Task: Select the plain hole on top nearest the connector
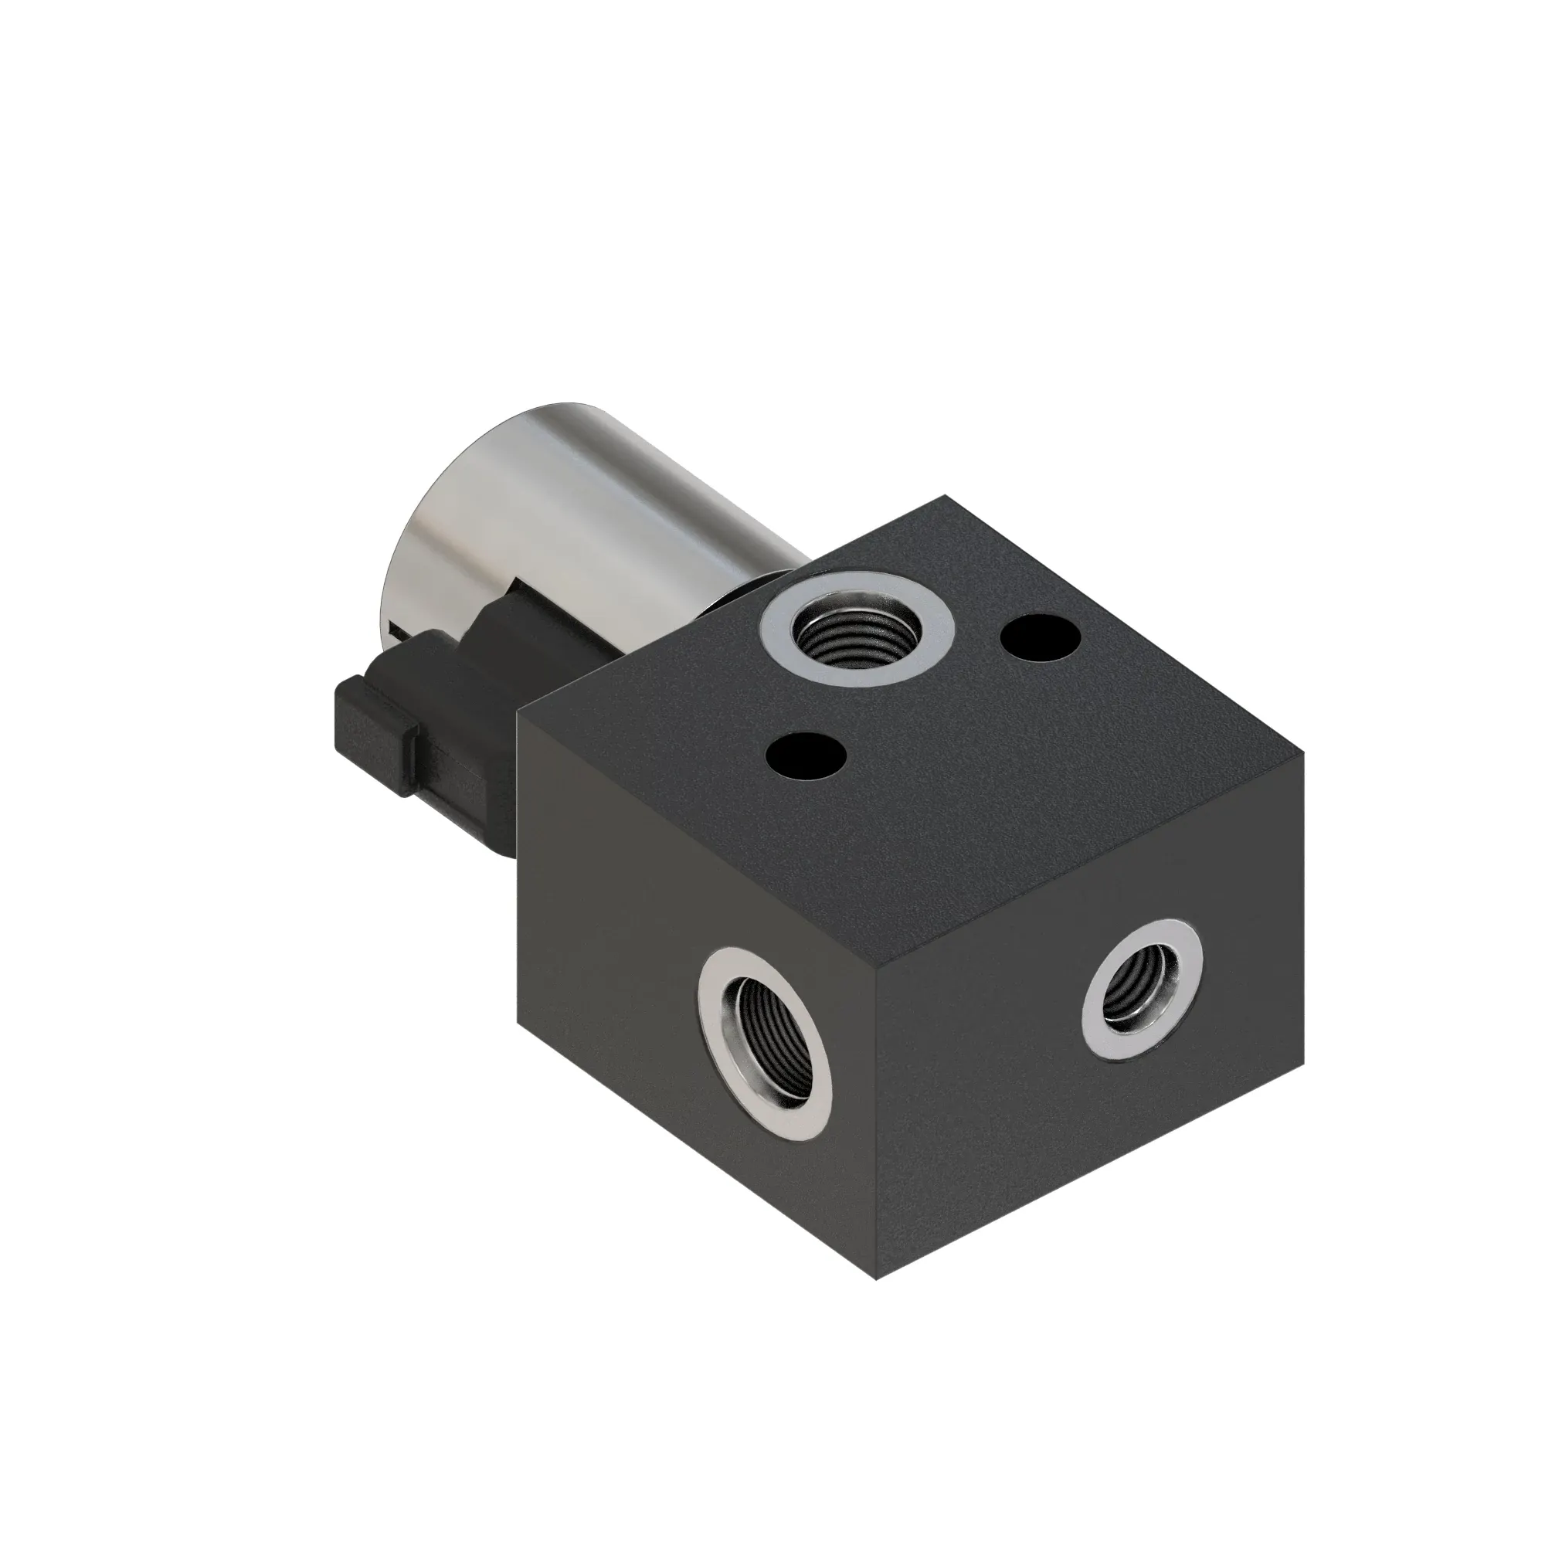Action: click(x=805, y=755)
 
